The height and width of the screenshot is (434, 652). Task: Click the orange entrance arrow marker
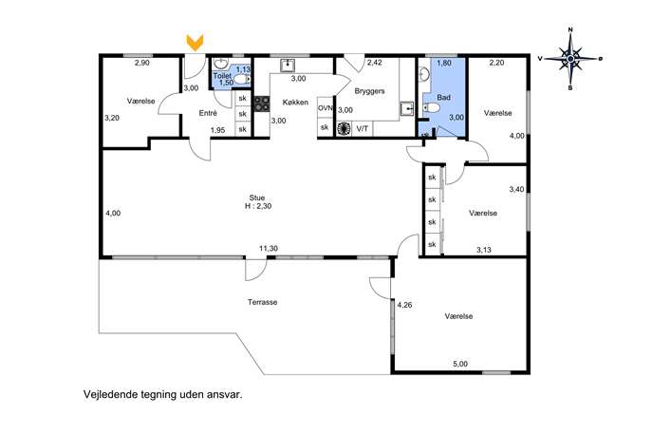(195, 43)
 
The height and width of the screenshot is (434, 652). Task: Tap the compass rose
(570, 59)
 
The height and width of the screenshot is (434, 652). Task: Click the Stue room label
(257, 198)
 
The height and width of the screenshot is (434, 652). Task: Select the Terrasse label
(262, 302)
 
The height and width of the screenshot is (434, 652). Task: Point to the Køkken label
(295, 102)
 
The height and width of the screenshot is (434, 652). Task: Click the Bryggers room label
(370, 91)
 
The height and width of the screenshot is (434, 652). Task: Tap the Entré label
(208, 113)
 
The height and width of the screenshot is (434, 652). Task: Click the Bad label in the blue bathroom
(443, 98)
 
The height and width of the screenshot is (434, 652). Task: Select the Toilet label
(222, 76)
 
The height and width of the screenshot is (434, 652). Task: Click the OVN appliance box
(326, 107)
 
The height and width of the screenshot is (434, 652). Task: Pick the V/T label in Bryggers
(363, 129)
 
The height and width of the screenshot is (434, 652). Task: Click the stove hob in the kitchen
(262, 104)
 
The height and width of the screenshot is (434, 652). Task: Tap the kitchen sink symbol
(288, 66)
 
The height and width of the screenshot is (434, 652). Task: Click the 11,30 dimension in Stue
(269, 249)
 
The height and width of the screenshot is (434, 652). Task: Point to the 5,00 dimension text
(460, 364)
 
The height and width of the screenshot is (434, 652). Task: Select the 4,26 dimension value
(404, 305)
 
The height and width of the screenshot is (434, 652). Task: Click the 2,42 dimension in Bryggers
(374, 63)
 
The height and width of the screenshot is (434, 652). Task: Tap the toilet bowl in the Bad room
(432, 108)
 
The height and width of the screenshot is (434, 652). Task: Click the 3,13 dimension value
(484, 250)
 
